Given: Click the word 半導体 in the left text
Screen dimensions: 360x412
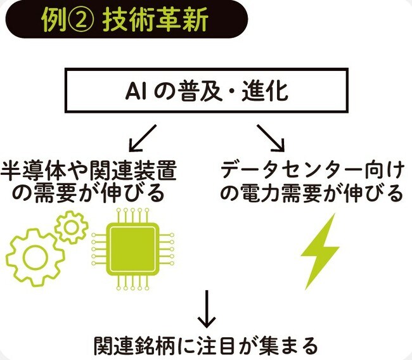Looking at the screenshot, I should (27, 171).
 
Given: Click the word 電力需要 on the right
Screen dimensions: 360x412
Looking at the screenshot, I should (276, 193).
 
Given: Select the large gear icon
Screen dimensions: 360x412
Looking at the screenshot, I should (29, 257).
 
